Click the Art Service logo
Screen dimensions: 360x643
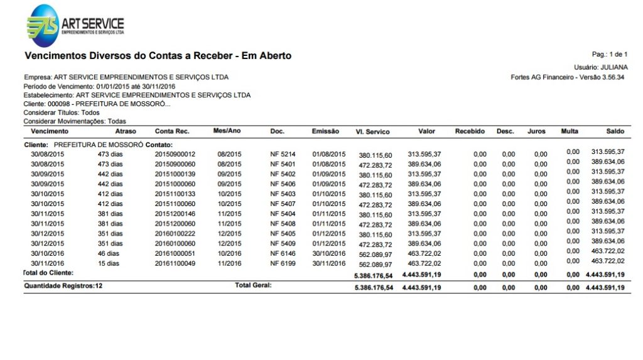point(75,25)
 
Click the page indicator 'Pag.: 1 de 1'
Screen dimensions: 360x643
point(609,55)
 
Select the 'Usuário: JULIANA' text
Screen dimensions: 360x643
point(600,67)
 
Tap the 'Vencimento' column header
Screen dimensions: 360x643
point(50,131)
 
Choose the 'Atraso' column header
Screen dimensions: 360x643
point(126,131)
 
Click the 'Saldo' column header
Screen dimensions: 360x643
point(615,131)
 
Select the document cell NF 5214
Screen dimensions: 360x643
point(283,154)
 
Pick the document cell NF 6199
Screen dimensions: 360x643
point(283,263)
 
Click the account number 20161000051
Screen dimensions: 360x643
point(175,253)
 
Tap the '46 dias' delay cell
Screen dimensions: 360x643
point(109,253)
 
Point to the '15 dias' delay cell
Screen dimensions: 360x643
point(109,263)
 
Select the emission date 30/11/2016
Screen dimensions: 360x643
point(329,263)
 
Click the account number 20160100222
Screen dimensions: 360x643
point(175,234)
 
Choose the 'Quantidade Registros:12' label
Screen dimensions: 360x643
point(63,286)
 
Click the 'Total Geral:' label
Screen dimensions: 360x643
point(253,286)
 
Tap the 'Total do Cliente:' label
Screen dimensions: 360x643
point(48,273)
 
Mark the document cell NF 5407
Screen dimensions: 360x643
point(283,204)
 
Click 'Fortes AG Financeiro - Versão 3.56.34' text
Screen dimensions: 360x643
point(568,77)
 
